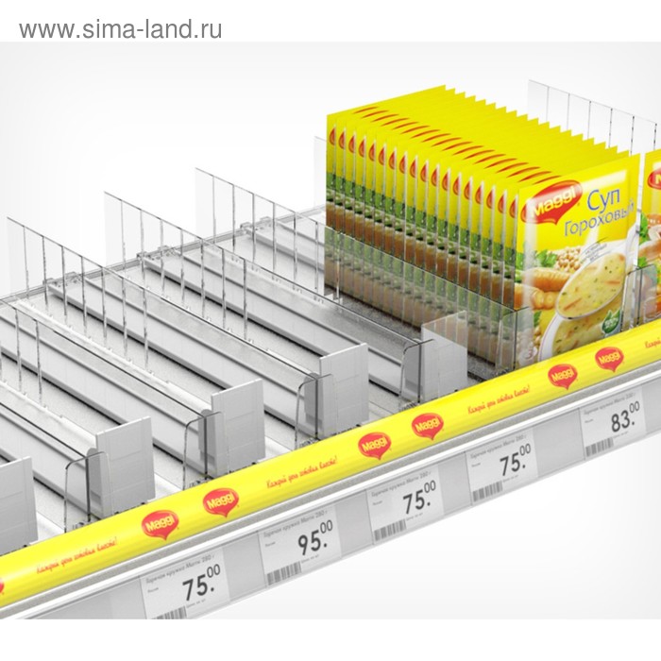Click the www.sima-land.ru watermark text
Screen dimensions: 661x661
click(121, 29)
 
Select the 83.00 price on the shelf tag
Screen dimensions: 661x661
click(624, 417)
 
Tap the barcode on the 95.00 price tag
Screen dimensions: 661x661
click(282, 572)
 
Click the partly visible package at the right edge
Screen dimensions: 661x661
click(652, 236)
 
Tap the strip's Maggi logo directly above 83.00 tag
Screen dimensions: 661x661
click(609, 358)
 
